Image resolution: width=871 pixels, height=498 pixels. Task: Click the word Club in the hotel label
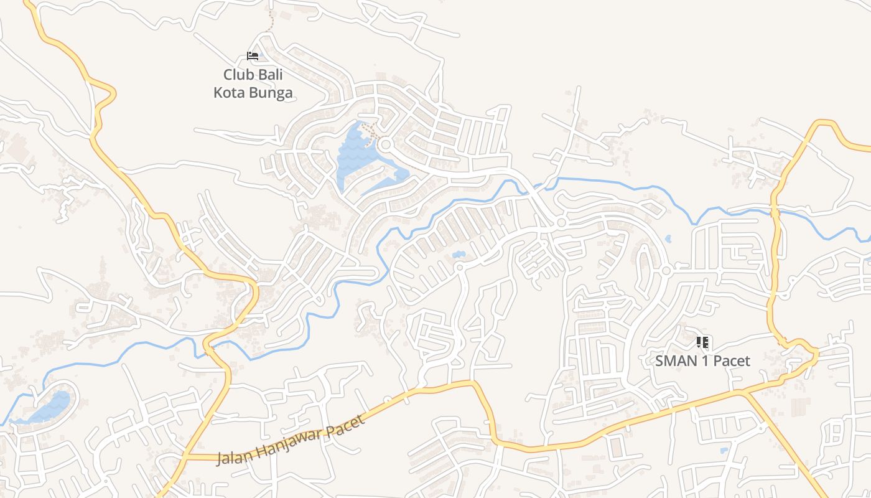pyautogui.click(x=239, y=75)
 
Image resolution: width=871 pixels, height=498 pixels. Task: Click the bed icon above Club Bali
pyautogui.click(x=253, y=56)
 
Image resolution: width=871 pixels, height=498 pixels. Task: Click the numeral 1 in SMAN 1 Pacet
pyautogui.click(x=704, y=360)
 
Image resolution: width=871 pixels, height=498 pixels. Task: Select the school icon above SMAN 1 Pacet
pyautogui.click(x=702, y=342)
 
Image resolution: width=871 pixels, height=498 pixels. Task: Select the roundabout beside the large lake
pyautogui.click(x=385, y=145)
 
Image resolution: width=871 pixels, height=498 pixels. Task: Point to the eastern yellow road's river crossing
pyautogui.click(x=775, y=212)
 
